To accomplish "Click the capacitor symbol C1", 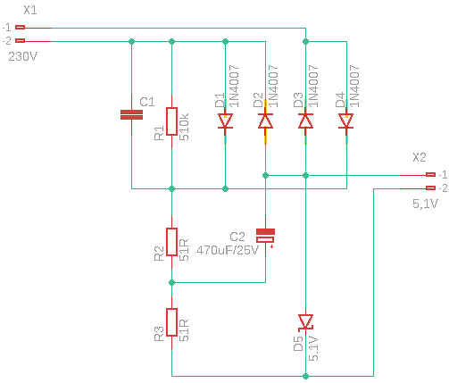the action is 131,114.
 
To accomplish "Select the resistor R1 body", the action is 171,121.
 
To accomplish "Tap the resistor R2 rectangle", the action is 171,242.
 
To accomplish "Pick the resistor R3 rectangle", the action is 171,322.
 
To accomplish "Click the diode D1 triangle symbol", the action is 225,121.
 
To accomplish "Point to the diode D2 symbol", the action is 265,121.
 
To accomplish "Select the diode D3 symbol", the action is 305,121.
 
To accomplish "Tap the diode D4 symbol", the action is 346,121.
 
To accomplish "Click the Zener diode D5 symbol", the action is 305,322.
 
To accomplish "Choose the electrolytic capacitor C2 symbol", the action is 265,236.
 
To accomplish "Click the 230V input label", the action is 22,56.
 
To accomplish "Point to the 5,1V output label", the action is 425,204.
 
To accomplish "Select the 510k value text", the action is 184,127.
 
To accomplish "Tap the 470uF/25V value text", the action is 227,250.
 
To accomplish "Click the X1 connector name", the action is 30,11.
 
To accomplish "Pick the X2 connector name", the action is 420,157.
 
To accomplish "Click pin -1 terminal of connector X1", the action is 21,28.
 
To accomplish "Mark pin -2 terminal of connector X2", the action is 430,187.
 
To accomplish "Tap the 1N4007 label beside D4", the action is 354,86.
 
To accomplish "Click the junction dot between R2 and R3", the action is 171,282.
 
